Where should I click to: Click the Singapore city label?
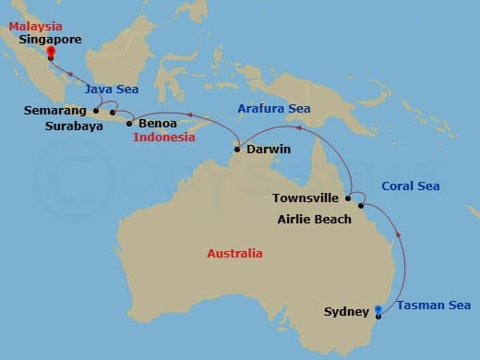click(x=50, y=40)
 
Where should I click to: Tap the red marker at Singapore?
click(x=50, y=53)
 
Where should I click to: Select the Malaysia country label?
click(x=36, y=27)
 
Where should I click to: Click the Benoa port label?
click(x=159, y=122)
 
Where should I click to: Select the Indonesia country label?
click(x=164, y=138)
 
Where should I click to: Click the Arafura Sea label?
click(x=273, y=108)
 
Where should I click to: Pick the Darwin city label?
click(x=269, y=148)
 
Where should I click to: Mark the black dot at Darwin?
click(x=238, y=148)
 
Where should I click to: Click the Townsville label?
click(x=306, y=198)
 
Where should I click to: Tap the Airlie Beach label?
click(x=314, y=219)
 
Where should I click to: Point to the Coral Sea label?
click(x=410, y=186)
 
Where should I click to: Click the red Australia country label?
click(x=234, y=253)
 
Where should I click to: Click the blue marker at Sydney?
click(x=377, y=309)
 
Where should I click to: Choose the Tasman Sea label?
click(x=434, y=306)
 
